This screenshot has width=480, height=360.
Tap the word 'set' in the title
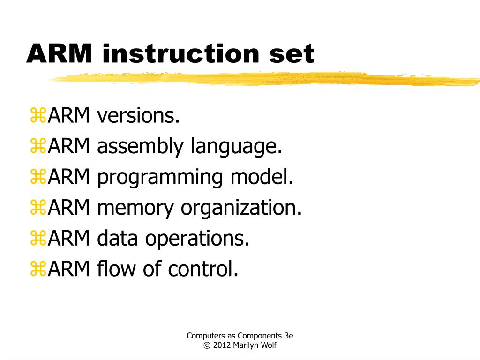(x=291, y=53)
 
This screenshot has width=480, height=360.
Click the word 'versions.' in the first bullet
(x=139, y=116)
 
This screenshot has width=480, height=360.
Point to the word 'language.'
(x=236, y=147)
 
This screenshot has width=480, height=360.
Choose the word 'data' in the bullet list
(x=118, y=239)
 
